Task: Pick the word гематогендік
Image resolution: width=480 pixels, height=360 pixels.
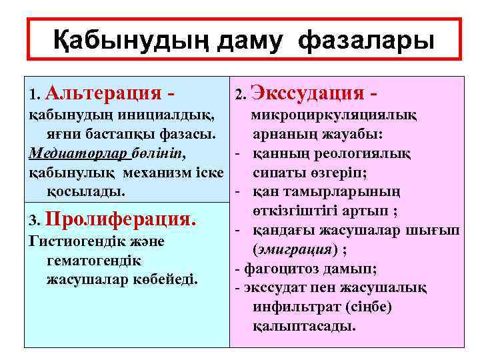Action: [93, 259]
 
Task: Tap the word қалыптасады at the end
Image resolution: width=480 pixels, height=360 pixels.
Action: [305, 326]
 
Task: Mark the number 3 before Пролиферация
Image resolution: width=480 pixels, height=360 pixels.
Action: [35, 220]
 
